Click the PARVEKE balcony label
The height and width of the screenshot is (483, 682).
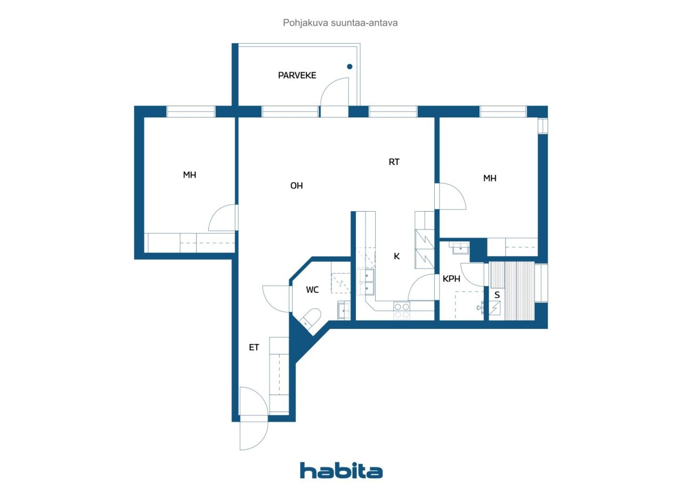[297, 75]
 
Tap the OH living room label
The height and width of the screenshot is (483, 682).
[297, 186]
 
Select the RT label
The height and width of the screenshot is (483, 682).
[394, 162]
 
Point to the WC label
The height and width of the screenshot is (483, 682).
[312, 289]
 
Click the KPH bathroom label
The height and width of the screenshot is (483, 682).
[451, 279]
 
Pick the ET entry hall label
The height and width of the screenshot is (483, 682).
[254, 347]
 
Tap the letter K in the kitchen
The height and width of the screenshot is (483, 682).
[396, 256]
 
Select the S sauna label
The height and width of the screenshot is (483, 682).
[497, 295]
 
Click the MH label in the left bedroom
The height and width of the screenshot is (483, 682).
[189, 175]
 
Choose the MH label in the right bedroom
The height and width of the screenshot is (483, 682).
[490, 178]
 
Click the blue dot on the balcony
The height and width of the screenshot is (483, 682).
[350, 67]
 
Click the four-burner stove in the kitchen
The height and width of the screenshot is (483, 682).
[402, 311]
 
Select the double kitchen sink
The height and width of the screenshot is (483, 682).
[366, 281]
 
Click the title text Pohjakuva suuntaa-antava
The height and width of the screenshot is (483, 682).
[340, 23]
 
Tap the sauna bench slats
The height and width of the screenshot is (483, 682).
[512, 291]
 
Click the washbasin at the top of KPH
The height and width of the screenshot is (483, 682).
[460, 248]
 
